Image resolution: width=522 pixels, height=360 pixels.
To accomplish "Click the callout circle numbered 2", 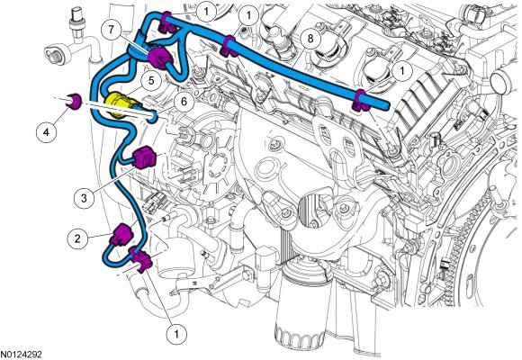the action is (78, 238).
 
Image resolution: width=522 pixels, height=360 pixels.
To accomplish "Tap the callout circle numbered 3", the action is (84, 198).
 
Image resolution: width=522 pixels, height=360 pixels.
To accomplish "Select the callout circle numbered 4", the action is (46, 132).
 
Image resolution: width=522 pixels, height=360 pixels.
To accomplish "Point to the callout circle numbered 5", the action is (151, 81).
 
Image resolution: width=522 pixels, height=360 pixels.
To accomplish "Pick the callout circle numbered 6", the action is (184, 102).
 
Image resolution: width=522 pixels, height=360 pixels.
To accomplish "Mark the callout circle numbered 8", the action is (310, 39).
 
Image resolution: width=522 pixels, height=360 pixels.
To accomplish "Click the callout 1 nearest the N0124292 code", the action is (176, 333).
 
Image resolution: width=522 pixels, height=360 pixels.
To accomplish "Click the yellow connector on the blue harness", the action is (118, 103).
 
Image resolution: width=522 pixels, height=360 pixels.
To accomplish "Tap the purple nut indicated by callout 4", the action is (74, 101).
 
